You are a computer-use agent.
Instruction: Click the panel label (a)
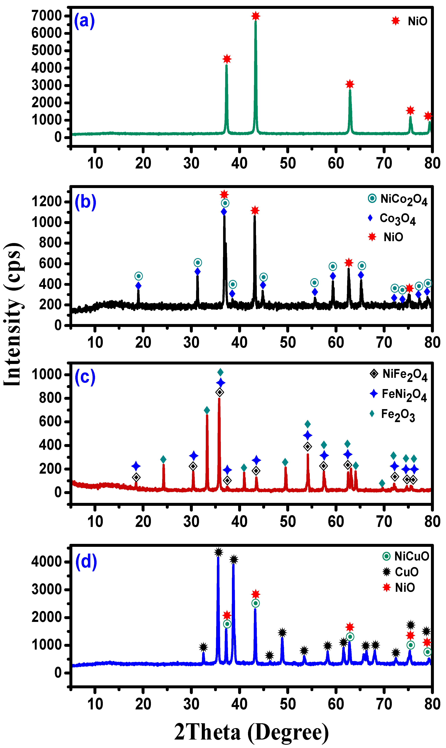[84, 21]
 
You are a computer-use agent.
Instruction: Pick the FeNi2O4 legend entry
[398, 394]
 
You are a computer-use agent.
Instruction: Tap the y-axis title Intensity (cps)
[13, 314]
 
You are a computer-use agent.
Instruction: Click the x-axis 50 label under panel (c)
[288, 522]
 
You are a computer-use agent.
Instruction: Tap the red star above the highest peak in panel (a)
[255, 16]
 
